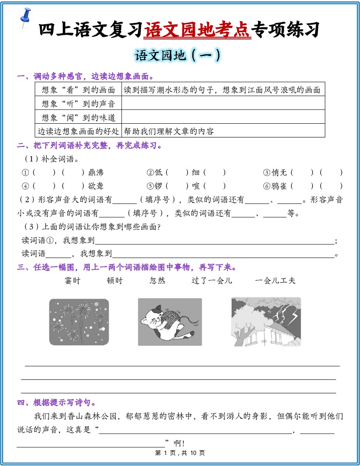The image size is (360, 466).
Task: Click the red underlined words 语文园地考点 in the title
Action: (197, 29)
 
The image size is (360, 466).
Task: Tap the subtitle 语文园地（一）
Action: (177, 55)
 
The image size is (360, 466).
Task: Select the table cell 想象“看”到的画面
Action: (78, 89)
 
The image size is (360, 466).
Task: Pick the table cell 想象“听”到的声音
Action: (78, 103)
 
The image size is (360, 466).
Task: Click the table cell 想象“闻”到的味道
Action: (78, 117)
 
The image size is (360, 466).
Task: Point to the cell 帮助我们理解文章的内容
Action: (169, 131)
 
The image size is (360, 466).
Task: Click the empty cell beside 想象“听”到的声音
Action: (223, 103)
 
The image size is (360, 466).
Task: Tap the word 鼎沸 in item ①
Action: (96, 173)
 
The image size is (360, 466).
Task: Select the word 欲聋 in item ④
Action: (96, 186)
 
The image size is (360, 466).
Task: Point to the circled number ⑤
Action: (150, 186)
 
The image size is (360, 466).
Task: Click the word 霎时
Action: (72, 280)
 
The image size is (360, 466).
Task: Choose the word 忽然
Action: (158, 280)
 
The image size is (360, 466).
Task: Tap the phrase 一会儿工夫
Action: (275, 280)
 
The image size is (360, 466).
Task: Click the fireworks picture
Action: (79, 322)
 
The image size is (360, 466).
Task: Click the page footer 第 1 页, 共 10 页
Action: (180, 453)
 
